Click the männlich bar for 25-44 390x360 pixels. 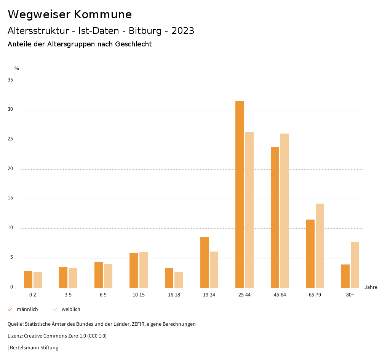coord(240,194)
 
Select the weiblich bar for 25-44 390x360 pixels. coord(249,210)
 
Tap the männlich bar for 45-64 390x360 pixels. coord(275,217)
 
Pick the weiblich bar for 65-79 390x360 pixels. coord(320,245)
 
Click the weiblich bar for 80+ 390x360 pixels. coord(355,265)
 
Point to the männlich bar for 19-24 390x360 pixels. coord(205,262)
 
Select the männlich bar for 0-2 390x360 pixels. coord(28,279)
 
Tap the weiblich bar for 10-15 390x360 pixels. coord(144,270)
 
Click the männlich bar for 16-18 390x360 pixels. coord(169,278)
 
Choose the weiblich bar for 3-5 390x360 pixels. coord(73,278)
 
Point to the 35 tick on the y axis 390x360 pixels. coord(10,80)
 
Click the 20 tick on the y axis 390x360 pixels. coord(10,169)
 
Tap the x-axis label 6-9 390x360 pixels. coord(103,295)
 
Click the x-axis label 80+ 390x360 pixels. coord(350,295)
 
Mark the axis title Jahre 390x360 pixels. coord(371,287)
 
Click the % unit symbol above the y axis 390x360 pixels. coord(17,68)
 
